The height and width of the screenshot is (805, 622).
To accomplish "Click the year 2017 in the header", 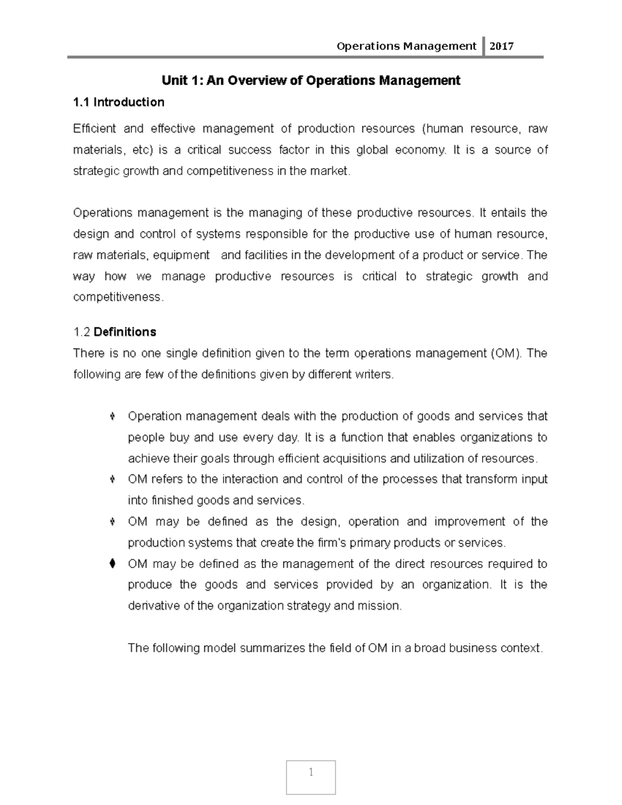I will coord(501,46).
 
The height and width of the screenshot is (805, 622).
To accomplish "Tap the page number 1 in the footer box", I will coord(311,772).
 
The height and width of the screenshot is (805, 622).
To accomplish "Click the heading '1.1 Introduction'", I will coord(119,102).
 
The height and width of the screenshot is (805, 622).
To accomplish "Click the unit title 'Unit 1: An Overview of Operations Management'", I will coord(311,80).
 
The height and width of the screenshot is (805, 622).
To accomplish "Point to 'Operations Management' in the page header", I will coord(406,46).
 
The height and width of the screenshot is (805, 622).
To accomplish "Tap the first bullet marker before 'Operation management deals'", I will coord(112,416).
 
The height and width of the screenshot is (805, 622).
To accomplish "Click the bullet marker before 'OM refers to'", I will coord(112,479).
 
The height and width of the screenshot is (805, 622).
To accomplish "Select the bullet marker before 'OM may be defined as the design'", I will coord(112,521).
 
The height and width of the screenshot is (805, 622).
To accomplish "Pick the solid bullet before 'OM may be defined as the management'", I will coord(112,563).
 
